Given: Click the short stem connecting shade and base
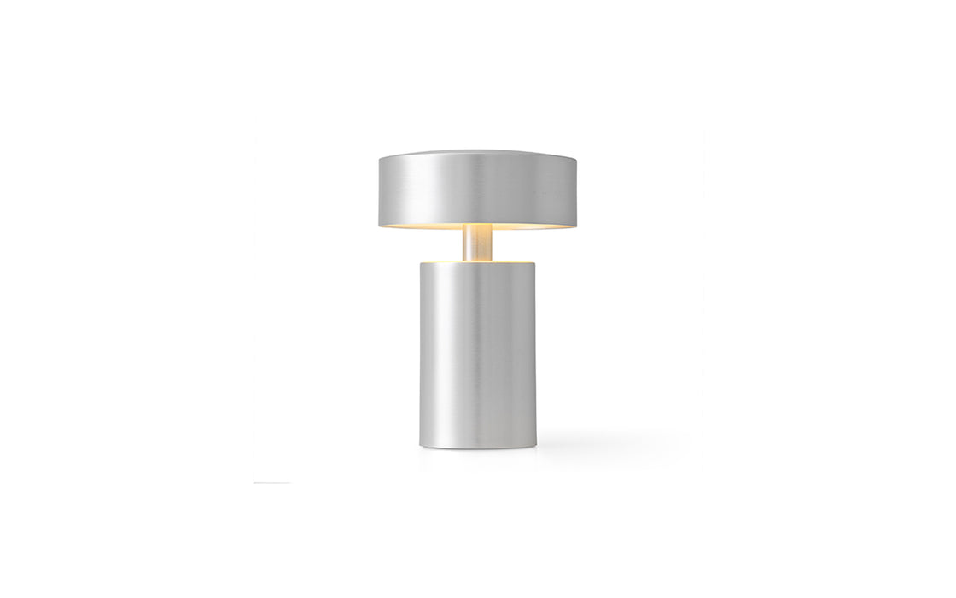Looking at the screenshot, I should [478, 243].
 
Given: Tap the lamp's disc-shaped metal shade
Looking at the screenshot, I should [478, 190].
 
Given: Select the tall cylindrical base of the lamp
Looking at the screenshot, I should [478, 355].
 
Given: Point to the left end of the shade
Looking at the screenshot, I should [381, 190].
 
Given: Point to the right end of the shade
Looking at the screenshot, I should [575, 190].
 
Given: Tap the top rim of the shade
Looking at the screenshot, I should [478, 153].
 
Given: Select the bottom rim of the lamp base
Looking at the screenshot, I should [478, 447].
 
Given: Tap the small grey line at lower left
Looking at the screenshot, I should [271, 483].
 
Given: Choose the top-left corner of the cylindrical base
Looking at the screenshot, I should [420, 263].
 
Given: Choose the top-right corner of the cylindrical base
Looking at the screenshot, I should [536, 263].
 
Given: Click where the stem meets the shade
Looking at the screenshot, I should [478, 226].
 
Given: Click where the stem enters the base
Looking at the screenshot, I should [478, 259].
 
